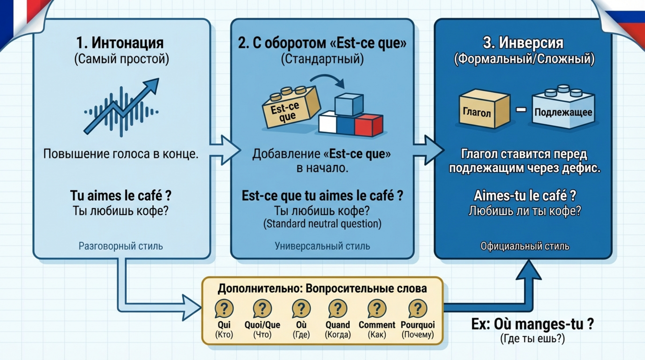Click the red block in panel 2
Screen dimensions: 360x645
point(369,126)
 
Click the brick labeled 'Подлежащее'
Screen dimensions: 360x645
point(563,111)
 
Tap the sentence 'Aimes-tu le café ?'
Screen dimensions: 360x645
point(525,195)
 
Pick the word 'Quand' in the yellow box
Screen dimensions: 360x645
point(338,325)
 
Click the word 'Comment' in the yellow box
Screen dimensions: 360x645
point(377,325)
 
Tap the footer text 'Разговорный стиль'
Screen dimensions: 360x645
point(120,246)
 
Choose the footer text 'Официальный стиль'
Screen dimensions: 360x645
point(525,246)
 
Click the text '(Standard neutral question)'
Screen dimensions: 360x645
point(322,223)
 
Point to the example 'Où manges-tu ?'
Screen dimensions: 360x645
point(532,324)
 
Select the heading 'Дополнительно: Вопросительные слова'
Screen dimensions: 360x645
point(322,288)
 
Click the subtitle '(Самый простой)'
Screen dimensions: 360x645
point(121,59)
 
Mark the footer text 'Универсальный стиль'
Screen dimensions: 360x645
point(322,246)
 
